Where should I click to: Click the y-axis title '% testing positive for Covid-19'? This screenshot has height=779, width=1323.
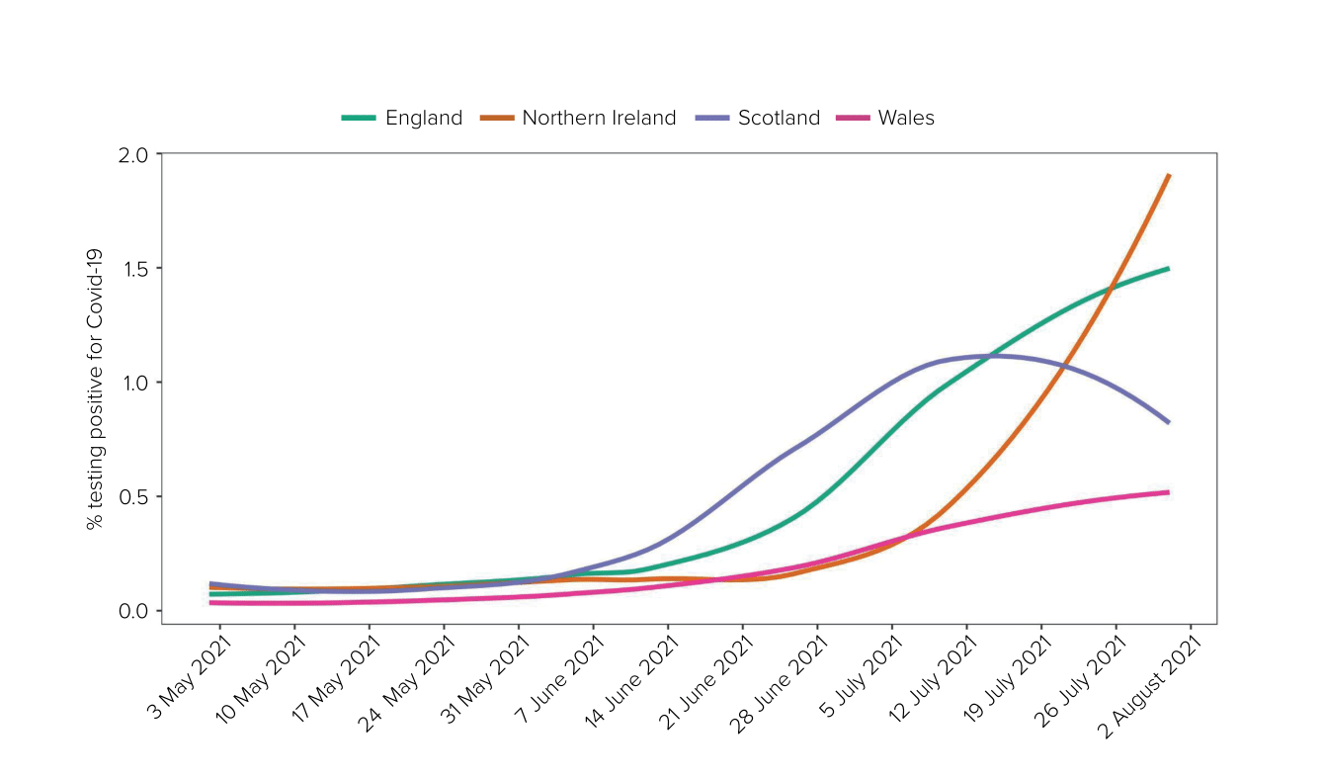tap(96, 383)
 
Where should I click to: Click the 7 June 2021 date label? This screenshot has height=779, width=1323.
tap(563, 683)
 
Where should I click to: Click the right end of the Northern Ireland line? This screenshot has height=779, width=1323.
tap(1169, 176)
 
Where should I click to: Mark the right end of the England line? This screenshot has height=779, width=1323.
tap(1168, 268)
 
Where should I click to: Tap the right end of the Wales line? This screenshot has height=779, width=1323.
tap(1168, 492)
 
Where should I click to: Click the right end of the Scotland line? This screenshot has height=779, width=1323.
tap(1168, 422)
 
